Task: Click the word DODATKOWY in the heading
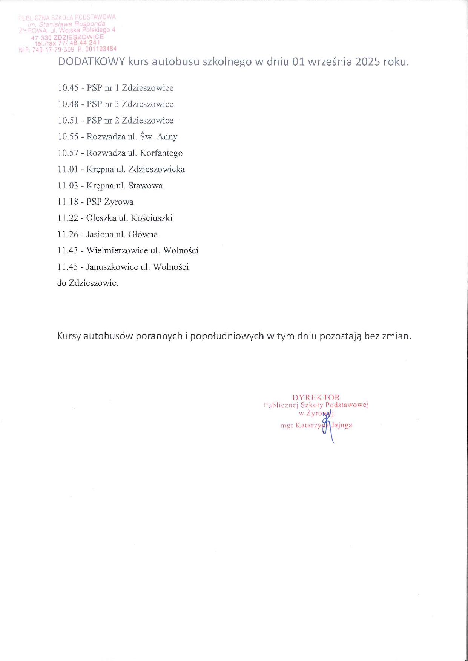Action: coord(91,62)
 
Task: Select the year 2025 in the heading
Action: coord(368,62)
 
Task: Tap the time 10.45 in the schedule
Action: coord(68,88)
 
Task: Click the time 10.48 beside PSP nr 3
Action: coord(68,104)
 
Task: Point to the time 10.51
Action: coord(68,121)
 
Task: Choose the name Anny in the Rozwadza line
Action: coord(167,137)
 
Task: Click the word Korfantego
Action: coord(161,153)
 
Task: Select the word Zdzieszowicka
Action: coord(157,169)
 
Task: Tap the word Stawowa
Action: coord(146,186)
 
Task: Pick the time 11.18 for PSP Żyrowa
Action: coord(68,202)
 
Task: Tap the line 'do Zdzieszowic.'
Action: coord(87,283)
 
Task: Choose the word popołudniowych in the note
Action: coord(227,336)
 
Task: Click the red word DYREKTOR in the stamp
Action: coord(316,397)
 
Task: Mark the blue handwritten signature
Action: coord(327,426)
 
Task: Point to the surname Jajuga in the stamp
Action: coord(342,425)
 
